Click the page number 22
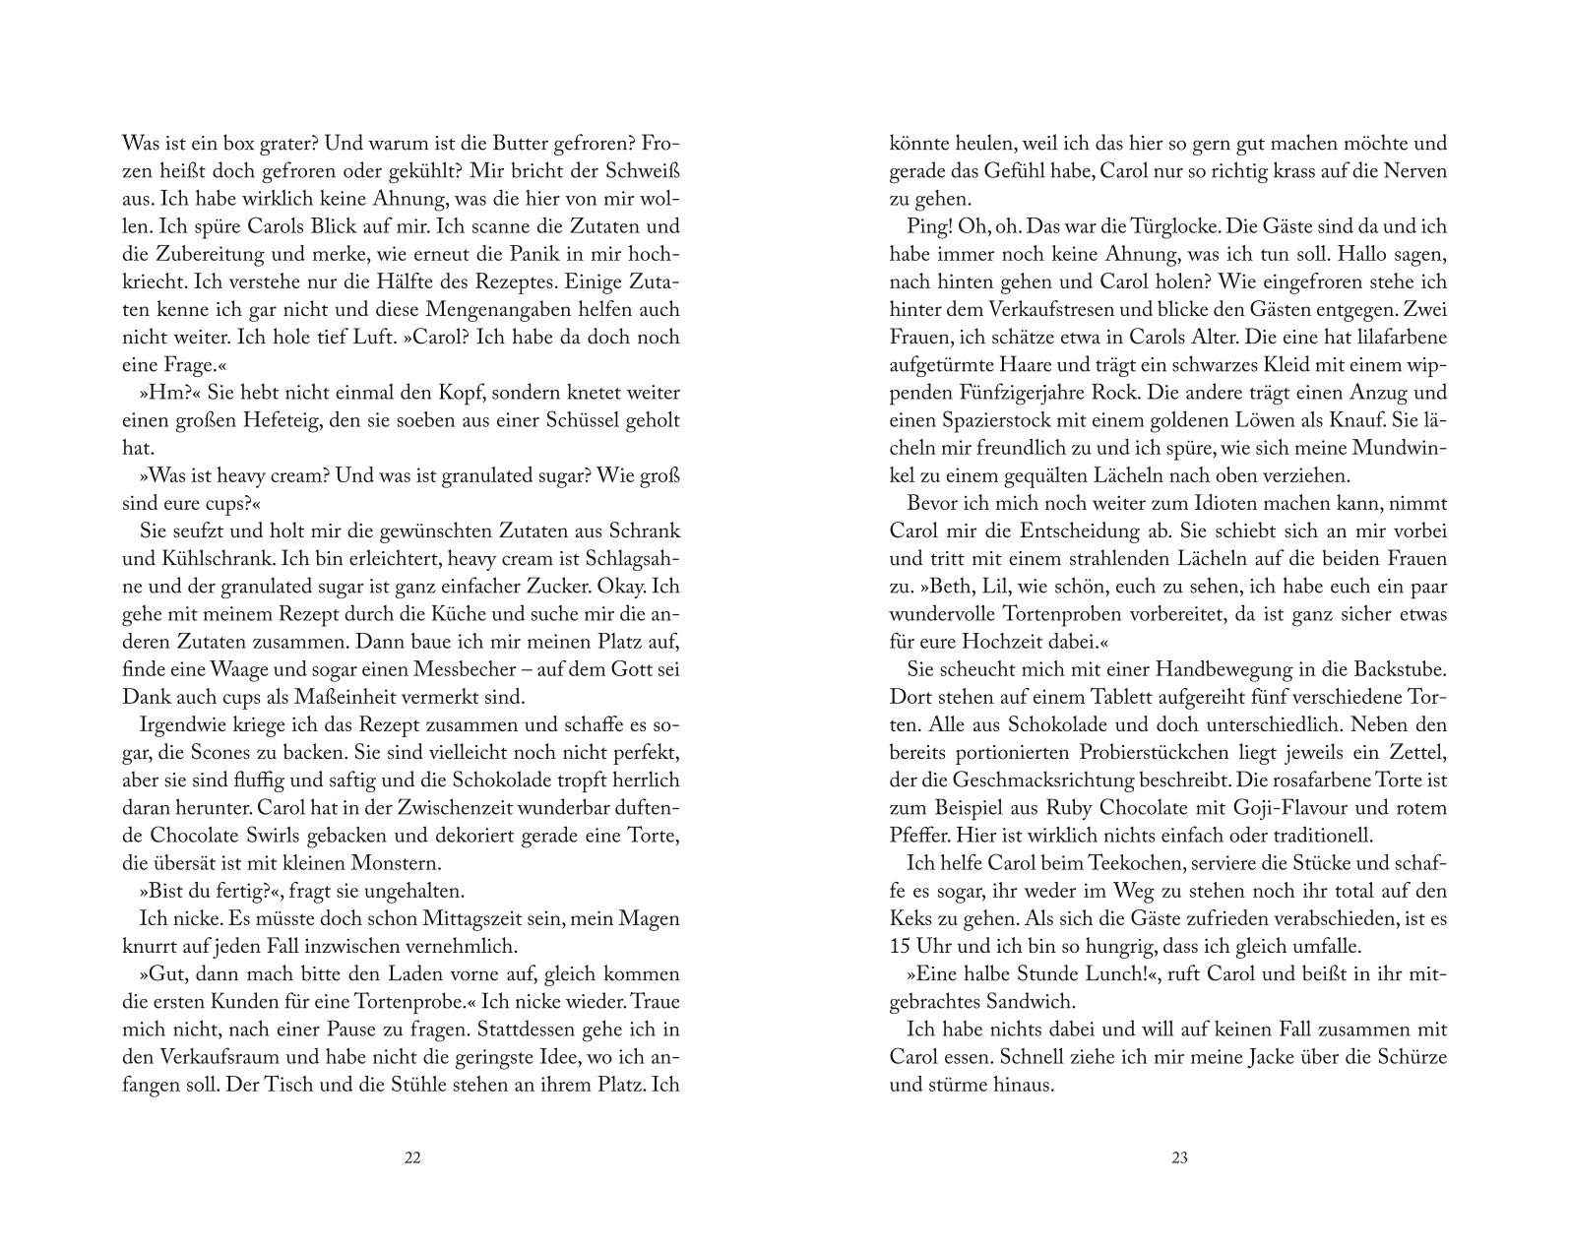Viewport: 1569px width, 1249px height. pos(412,1157)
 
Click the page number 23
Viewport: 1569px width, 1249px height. pos(1179,1157)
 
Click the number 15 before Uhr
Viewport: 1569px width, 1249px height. pos(899,947)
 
